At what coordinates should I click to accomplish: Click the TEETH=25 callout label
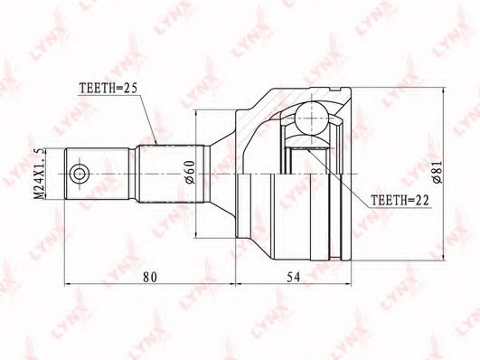coord(108,89)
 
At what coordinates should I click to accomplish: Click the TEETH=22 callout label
coord(400,200)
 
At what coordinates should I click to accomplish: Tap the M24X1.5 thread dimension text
coord(39,175)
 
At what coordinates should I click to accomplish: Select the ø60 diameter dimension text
coord(190,172)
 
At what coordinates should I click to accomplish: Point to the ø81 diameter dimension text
coord(438,172)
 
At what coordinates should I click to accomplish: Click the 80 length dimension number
coord(150,277)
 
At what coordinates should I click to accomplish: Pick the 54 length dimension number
coord(293,277)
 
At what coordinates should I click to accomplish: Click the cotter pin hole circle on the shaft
coord(80,175)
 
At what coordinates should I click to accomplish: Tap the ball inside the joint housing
coord(311,118)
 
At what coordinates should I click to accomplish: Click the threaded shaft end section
coord(97,175)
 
